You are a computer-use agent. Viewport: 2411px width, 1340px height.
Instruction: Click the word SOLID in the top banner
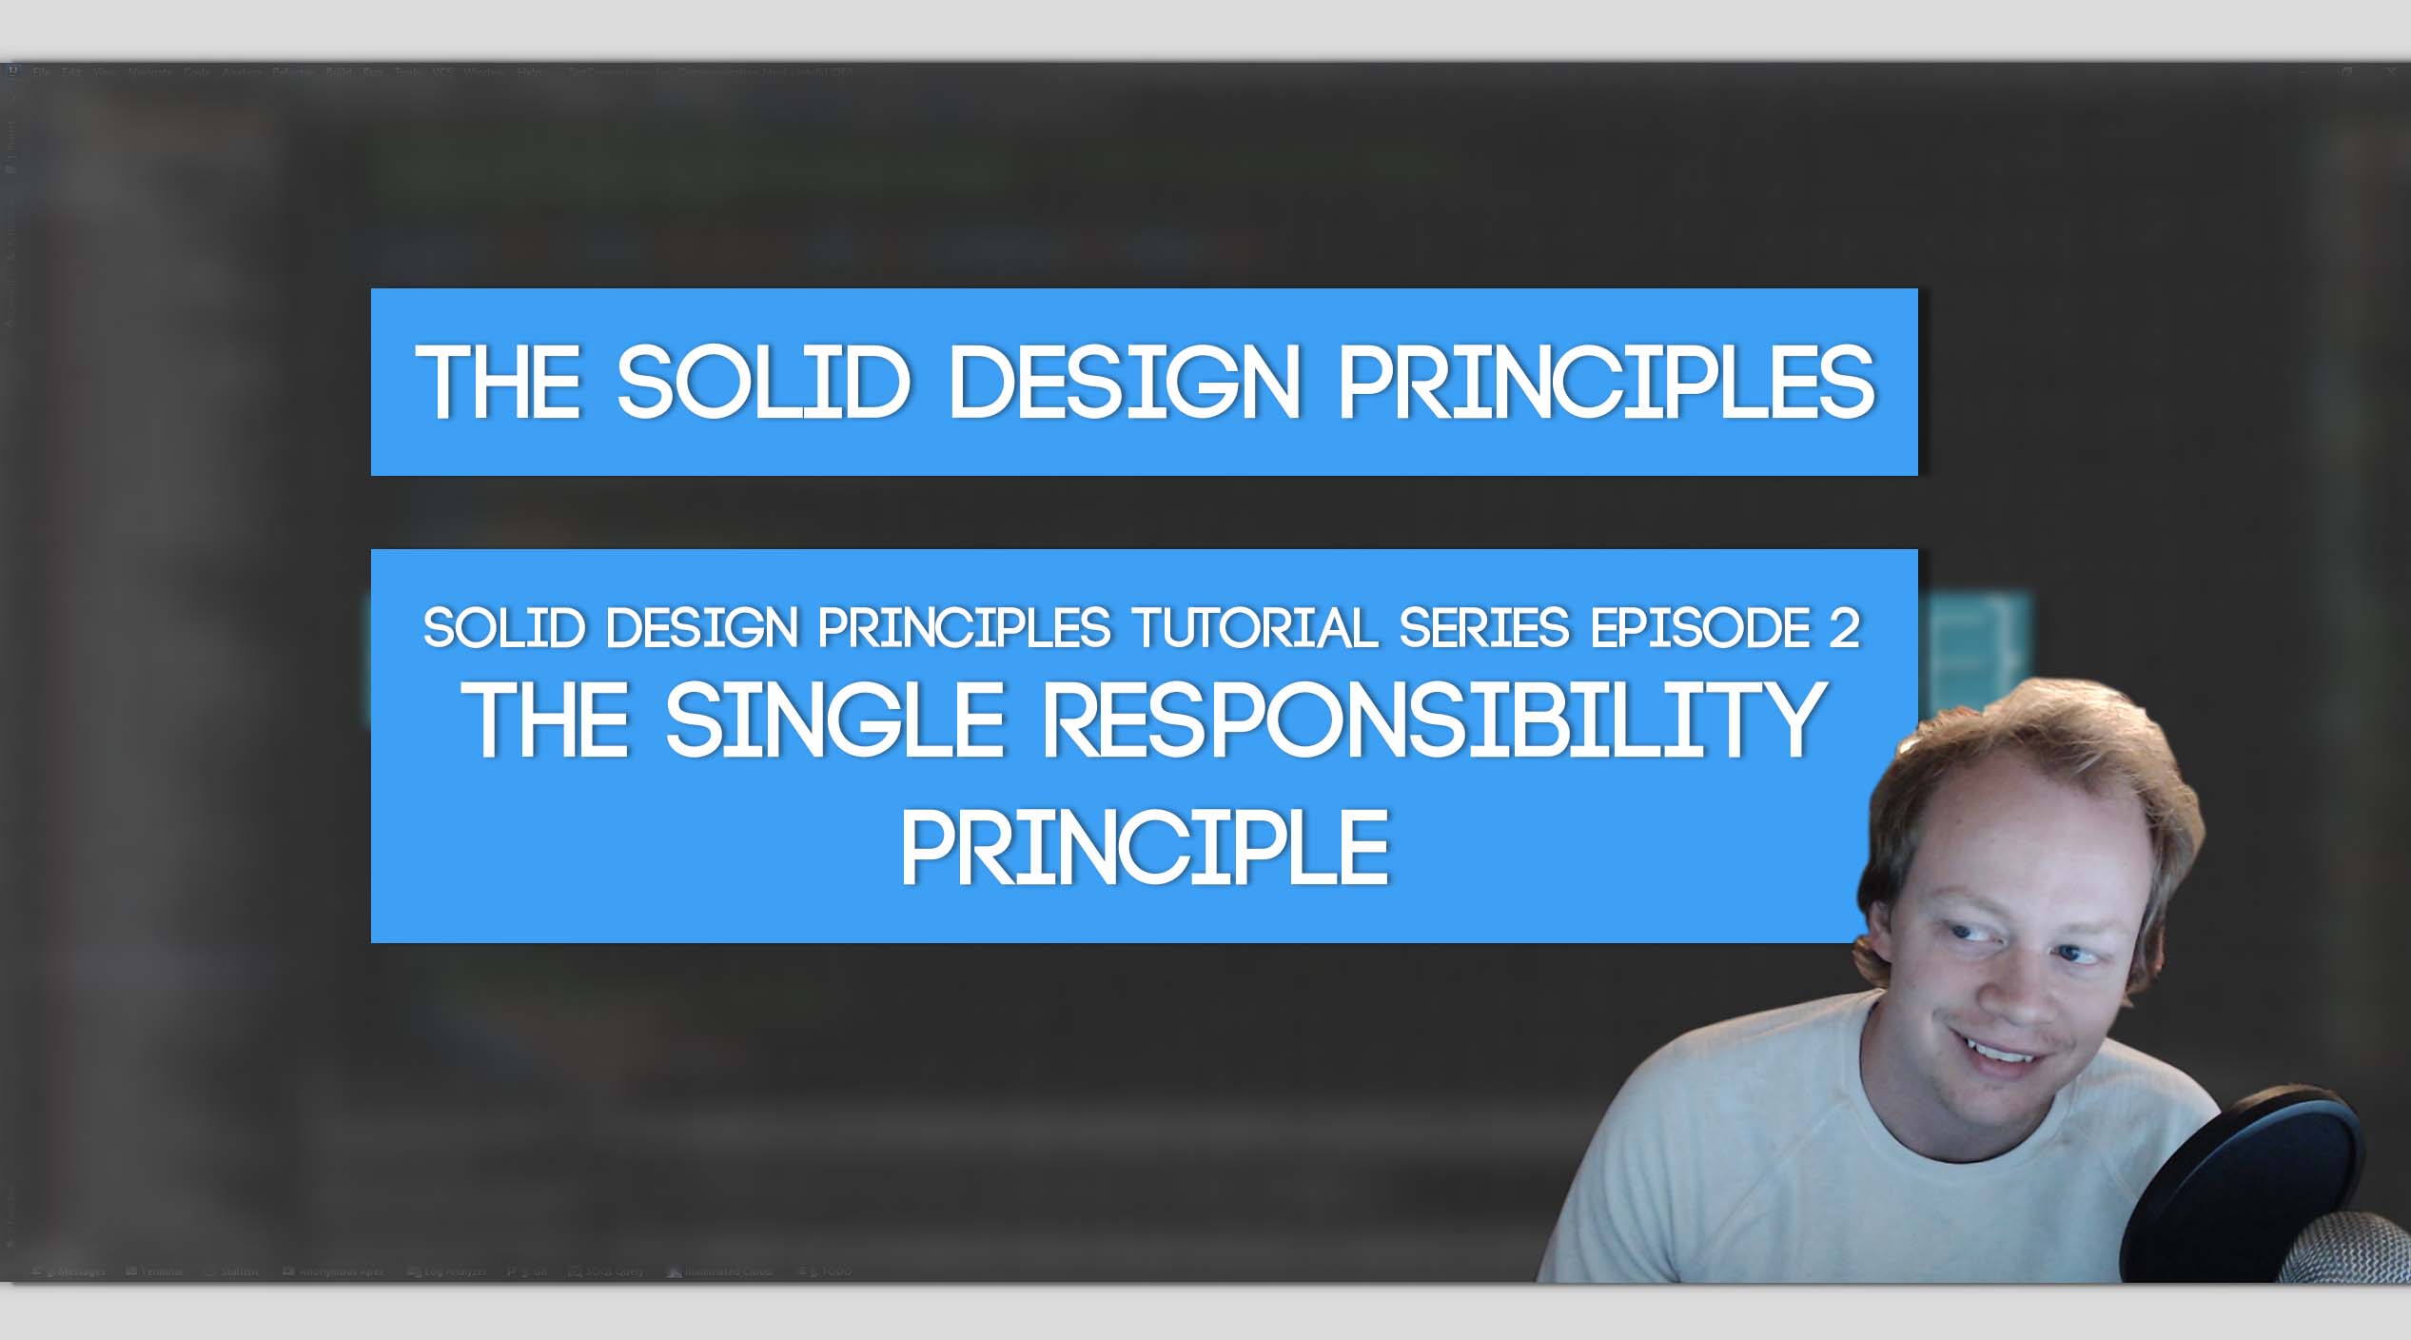point(763,383)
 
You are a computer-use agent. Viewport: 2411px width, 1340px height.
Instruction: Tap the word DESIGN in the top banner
point(1125,383)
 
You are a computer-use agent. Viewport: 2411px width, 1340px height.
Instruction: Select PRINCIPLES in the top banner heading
point(1607,383)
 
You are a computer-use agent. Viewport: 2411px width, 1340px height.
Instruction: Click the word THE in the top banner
point(499,383)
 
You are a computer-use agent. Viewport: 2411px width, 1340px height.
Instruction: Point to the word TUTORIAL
point(1255,629)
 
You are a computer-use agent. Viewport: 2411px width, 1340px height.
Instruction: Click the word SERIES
point(1483,629)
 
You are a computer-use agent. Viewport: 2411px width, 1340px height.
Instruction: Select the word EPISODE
point(1700,629)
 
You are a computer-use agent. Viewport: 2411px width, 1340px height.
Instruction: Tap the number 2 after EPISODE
point(1844,629)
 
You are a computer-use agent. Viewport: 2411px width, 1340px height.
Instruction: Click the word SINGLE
point(834,720)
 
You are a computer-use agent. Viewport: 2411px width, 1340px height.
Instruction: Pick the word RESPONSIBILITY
point(1434,720)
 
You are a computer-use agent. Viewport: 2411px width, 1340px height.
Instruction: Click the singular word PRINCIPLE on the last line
point(1145,848)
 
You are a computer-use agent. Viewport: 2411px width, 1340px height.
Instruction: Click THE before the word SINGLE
point(544,720)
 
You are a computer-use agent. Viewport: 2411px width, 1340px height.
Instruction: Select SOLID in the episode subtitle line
point(503,629)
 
